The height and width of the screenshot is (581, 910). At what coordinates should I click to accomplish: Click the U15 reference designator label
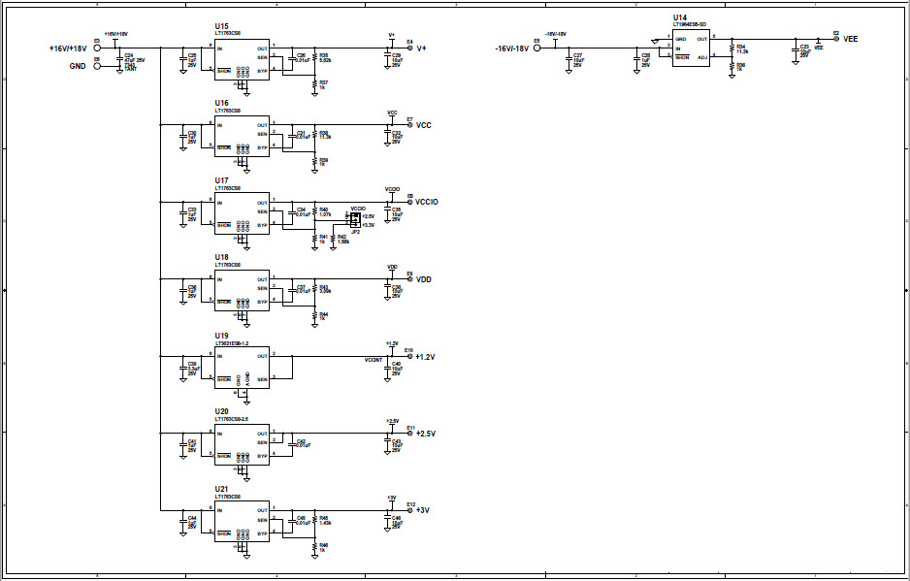pos(222,26)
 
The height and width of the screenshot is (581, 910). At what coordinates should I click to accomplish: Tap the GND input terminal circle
pos(96,67)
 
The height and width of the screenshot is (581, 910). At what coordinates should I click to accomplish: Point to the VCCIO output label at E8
pos(427,202)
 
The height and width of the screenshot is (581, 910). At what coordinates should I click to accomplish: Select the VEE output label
pos(851,39)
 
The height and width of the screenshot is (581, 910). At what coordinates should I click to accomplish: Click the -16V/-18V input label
pos(511,48)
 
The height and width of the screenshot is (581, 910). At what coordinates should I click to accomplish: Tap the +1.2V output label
pos(426,357)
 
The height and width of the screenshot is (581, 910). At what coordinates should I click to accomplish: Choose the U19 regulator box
pos(242,367)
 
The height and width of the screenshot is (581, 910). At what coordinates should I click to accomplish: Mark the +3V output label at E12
pos(423,510)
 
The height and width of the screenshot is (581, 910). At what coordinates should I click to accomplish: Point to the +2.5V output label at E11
pos(426,434)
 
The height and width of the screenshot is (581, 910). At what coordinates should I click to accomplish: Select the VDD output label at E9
pos(424,279)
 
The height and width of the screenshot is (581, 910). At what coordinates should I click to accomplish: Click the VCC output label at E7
pos(424,125)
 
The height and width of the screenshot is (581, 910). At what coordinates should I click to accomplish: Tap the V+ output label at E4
pos(422,48)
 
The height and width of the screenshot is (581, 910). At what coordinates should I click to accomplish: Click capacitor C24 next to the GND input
pos(118,61)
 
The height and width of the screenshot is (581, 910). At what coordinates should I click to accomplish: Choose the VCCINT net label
pos(374,360)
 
